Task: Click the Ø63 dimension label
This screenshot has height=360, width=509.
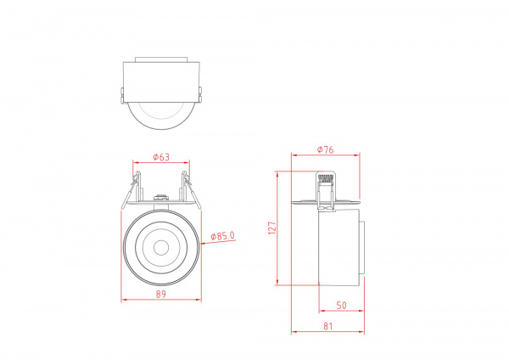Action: [x=161, y=156]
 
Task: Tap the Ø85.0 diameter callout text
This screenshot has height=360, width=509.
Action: [x=222, y=236]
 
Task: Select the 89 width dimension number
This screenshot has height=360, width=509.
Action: [x=161, y=294]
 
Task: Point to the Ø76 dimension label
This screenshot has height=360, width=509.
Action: [x=324, y=149]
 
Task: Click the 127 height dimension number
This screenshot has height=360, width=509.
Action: [x=272, y=228]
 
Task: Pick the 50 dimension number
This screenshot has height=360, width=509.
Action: [x=341, y=304]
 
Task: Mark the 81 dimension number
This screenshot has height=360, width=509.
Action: [x=327, y=324]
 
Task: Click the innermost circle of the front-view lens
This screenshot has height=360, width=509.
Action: [x=161, y=247]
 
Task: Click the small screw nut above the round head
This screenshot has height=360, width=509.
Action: [x=160, y=197]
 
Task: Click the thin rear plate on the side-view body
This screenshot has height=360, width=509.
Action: [x=362, y=248]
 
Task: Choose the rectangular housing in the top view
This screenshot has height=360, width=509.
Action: [x=161, y=80]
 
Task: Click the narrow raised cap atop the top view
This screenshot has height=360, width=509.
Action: [x=161, y=59]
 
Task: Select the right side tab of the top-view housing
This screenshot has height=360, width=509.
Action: [x=200, y=93]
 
